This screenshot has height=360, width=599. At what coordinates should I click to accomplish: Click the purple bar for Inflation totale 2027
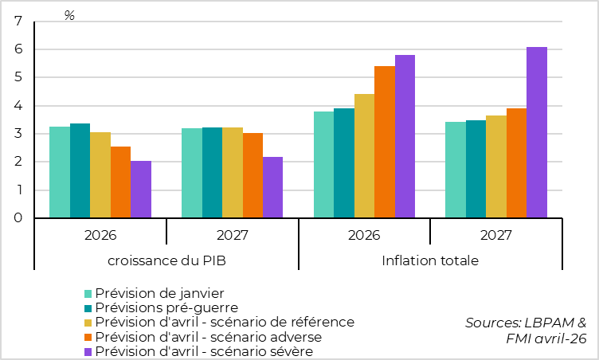(x=536, y=132)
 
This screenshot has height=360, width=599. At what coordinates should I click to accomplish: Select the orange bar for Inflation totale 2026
(x=384, y=142)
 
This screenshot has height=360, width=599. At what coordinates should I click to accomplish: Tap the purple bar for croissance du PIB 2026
(x=141, y=190)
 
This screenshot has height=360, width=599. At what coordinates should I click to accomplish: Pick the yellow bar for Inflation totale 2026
(x=364, y=156)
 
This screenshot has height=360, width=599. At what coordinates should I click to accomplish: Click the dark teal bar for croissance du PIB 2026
(x=80, y=170)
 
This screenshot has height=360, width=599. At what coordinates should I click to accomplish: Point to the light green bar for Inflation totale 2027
(x=455, y=170)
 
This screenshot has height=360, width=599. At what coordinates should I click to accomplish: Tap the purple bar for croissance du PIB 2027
(x=272, y=187)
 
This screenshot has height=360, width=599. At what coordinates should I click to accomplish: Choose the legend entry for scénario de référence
(x=224, y=322)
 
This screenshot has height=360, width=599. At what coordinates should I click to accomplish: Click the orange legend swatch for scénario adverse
(x=89, y=337)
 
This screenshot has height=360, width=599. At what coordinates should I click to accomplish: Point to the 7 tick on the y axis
(x=18, y=22)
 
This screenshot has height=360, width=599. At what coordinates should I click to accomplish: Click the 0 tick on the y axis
(x=18, y=218)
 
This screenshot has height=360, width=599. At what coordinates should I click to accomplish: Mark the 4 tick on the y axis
(x=18, y=106)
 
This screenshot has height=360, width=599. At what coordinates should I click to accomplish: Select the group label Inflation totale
(x=430, y=260)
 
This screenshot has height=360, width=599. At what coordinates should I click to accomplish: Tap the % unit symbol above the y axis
(x=69, y=16)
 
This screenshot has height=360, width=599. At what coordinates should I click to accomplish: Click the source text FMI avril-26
(x=546, y=338)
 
